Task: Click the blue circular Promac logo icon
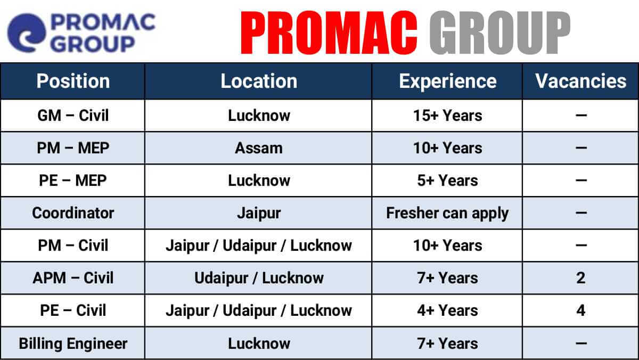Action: (26, 33)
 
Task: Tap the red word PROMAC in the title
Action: (329, 32)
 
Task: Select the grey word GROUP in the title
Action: (500, 32)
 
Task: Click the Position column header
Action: (73, 81)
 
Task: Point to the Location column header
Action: (259, 81)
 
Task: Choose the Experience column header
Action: (448, 81)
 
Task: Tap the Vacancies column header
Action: (581, 81)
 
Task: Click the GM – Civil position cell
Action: (73, 116)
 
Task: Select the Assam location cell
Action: (259, 148)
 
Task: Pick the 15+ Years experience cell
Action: (448, 116)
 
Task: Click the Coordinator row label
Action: (73, 213)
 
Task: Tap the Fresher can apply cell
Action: (447, 214)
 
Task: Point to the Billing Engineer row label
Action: (73, 343)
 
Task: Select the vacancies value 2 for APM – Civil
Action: (581, 278)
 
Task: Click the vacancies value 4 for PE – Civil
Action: (581, 310)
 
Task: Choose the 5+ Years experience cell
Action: (448, 181)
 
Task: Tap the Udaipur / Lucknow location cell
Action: (259, 278)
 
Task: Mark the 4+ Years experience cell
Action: (448, 310)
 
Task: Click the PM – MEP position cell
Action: (73, 148)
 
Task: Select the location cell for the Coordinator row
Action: (259, 214)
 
